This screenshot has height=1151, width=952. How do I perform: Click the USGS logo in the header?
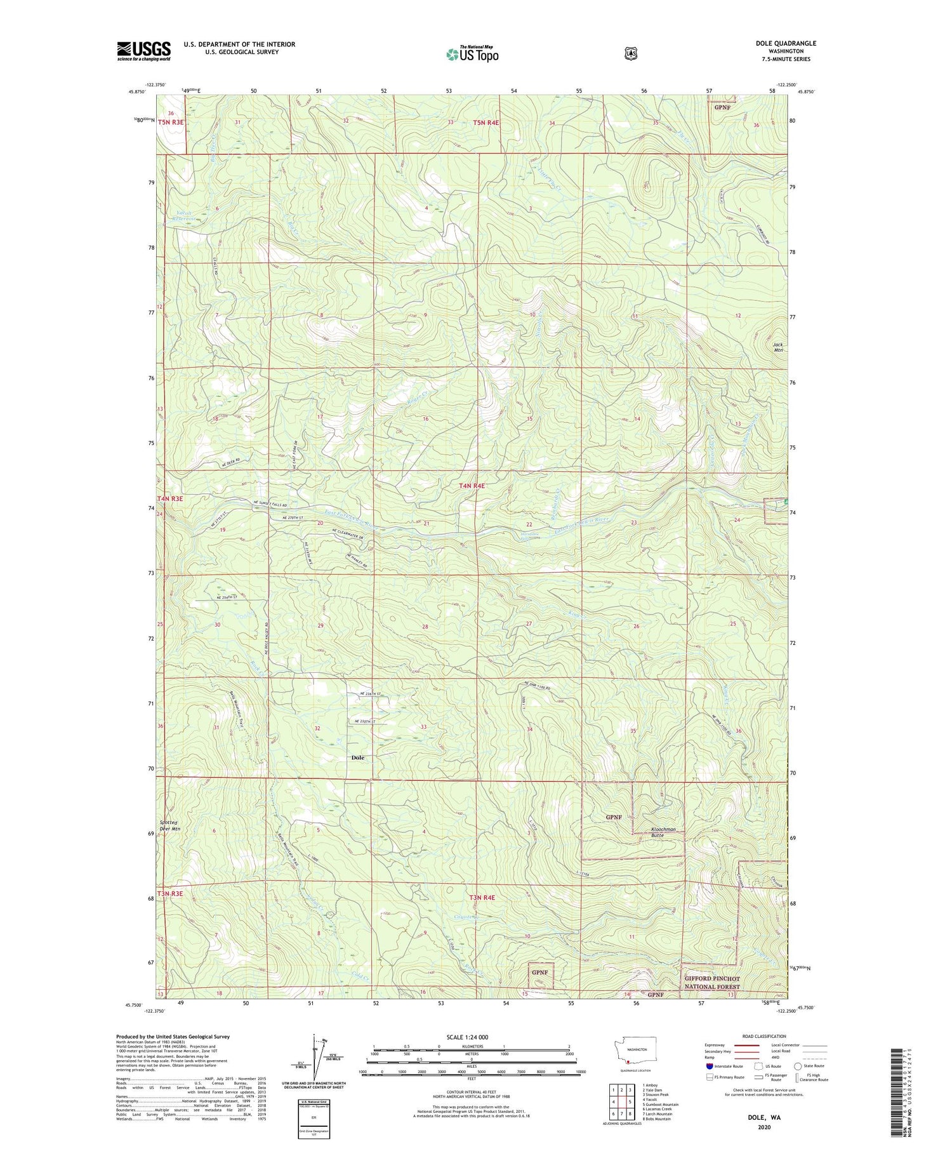click(x=143, y=51)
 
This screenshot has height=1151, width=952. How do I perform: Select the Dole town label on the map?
click(x=358, y=757)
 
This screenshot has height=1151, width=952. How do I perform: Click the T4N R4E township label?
click(x=472, y=486)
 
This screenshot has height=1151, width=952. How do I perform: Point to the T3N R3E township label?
click(x=170, y=893)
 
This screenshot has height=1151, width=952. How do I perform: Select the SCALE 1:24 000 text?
click(x=467, y=1037)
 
